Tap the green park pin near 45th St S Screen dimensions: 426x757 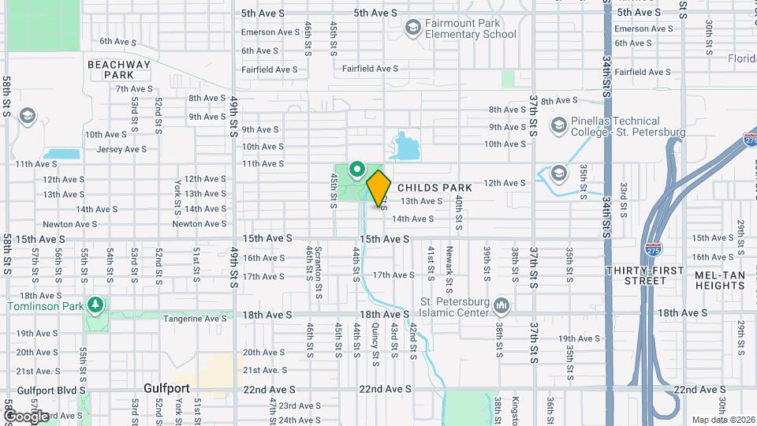click(356, 168)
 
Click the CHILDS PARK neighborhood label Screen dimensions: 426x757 click(434, 188)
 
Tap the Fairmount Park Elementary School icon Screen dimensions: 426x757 click(412, 28)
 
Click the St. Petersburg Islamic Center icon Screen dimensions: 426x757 click(502, 305)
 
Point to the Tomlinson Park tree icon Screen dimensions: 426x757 click(95, 304)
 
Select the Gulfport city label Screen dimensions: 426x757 click(167, 388)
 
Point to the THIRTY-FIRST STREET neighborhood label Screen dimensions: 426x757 click(644, 275)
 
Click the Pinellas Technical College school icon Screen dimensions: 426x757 click(559, 125)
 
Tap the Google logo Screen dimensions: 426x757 click(26, 416)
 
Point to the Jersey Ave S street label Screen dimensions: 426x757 click(121, 149)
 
